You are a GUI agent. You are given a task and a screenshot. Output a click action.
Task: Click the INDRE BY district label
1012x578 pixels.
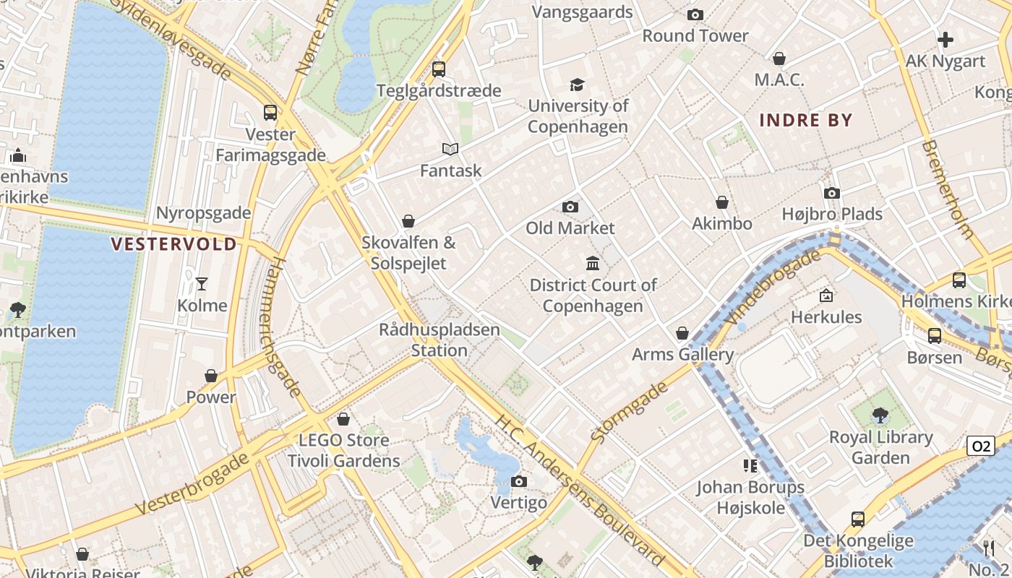[806, 120]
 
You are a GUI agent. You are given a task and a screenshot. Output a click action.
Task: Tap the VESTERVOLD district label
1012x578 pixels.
[174, 244]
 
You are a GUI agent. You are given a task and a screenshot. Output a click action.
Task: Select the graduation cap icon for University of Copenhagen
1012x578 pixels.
[577, 85]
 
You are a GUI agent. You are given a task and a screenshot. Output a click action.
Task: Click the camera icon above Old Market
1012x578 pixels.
[570, 207]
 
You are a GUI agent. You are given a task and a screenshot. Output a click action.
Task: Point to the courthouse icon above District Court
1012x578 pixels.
[593, 264]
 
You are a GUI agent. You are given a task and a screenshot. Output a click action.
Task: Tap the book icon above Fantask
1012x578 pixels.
[450, 150]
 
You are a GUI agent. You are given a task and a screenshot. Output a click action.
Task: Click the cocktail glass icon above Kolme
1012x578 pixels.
[202, 284]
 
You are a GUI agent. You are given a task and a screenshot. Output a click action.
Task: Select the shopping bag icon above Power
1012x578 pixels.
[211, 376]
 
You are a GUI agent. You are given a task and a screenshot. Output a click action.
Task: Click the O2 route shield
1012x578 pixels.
[981, 446]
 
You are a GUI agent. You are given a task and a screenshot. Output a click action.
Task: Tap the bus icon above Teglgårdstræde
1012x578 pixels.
[438, 69]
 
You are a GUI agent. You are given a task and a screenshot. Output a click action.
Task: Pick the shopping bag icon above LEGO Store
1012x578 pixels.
[343, 419]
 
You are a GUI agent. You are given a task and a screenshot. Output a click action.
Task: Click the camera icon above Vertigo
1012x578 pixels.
[518, 481]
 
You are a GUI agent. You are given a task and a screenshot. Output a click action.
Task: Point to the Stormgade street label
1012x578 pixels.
[629, 412]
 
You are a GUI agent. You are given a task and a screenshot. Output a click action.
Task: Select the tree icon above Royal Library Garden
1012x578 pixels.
[880, 415]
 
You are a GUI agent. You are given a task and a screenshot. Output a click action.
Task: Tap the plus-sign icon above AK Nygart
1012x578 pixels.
[945, 40]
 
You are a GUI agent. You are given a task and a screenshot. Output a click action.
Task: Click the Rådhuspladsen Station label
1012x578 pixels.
[439, 340]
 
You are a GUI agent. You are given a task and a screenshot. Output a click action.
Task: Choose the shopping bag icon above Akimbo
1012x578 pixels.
[721, 203]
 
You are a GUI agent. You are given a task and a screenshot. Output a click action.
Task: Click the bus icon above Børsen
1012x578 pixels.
[934, 336]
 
